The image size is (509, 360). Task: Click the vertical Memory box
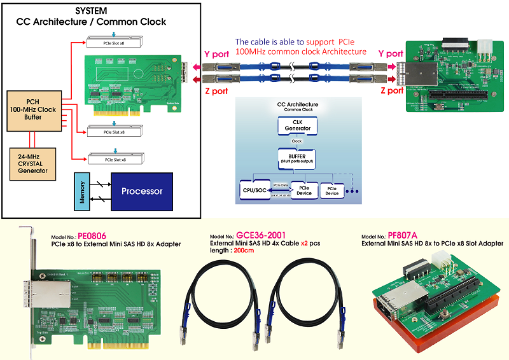click(81, 191)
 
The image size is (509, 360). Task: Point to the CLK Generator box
click(298, 125)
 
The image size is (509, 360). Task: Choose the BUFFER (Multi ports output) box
click(298, 156)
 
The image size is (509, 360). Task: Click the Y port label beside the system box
click(216, 54)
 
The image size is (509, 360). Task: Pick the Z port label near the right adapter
click(391, 91)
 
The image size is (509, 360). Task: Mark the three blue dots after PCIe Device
click(351, 190)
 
